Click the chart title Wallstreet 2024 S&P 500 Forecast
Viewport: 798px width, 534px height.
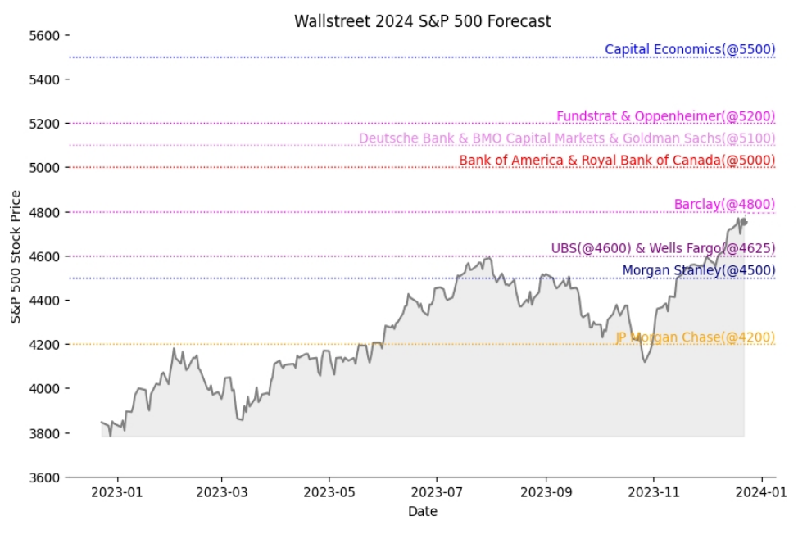coord(423,21)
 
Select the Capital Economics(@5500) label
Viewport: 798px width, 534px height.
coord(689,49)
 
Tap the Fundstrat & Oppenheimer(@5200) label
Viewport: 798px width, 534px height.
coord(665,116)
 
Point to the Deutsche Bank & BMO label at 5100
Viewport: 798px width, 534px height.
coord(566,138)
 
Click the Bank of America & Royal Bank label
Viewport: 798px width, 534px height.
coord(616,161)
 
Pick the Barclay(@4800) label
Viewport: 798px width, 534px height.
coord(724,205)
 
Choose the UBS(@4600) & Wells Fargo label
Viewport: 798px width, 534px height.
coord(663,248)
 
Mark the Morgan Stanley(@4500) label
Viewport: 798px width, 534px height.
coord(698,270)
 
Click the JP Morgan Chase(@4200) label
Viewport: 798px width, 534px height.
coord(695,337)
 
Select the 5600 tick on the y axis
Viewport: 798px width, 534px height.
coord(44,35)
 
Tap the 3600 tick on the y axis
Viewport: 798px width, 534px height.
coord(44,477)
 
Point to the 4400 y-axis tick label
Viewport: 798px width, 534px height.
coord(44,301)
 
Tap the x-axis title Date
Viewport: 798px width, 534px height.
coord(422,512)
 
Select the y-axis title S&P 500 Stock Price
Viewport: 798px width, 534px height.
coord(16,256)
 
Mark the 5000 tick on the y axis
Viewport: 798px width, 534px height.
coord(44,168)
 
